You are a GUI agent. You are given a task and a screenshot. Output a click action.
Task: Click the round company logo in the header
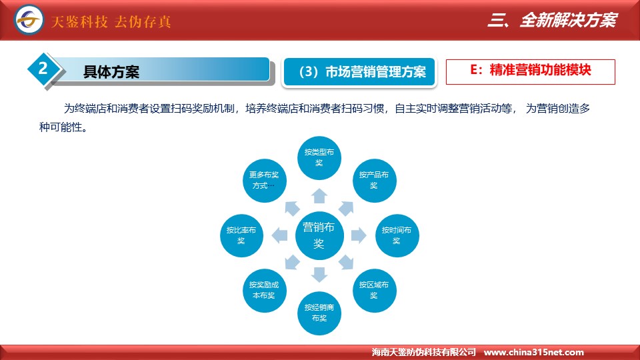coord(29,19)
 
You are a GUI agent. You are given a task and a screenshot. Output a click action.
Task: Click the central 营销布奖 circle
coord(319,235)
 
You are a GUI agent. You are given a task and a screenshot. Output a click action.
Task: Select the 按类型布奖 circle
coord(319,158)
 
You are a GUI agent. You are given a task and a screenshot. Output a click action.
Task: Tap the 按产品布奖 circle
coord(374,181)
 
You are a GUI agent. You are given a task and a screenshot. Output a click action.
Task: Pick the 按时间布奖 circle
coord(397,235)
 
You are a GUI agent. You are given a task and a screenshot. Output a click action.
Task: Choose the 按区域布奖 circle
coord(374,291)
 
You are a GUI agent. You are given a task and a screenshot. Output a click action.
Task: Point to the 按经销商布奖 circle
coord(319,313)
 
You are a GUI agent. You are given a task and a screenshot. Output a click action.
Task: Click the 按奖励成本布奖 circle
coord(264,291)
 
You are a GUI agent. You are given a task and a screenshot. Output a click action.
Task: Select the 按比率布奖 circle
coord(241,235)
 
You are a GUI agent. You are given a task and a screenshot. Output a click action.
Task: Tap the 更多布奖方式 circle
coord(264,181)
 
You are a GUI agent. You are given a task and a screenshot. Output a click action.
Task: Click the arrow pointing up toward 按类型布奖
coord(319,196)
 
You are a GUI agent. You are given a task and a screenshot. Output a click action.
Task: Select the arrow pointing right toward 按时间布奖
coord(359,235)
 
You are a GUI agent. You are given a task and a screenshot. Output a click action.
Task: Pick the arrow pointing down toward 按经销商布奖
coord(319,275)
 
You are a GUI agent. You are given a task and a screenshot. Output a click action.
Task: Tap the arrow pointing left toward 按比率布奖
coord(279,235)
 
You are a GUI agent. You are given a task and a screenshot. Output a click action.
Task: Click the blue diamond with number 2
coord(43,69)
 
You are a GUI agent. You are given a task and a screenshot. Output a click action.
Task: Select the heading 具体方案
coord(111,72)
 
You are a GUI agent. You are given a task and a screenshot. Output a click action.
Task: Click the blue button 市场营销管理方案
coord(359,72)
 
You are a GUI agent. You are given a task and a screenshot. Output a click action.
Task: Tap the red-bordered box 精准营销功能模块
coord(530,72)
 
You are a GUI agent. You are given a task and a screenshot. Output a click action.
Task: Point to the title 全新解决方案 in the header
coord(568,20)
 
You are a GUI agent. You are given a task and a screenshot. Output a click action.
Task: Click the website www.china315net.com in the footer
coord(533,352)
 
